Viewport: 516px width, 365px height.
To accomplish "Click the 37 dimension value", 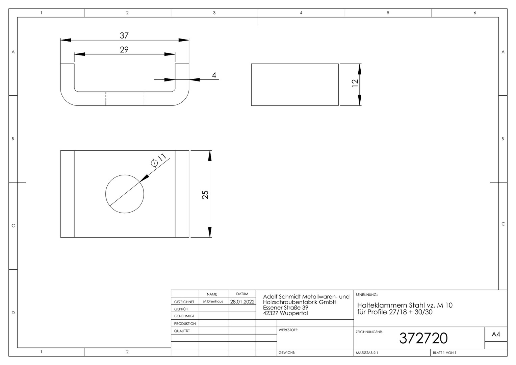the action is click(x=124, y=35).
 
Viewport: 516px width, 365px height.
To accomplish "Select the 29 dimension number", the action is click(x=124, y=50).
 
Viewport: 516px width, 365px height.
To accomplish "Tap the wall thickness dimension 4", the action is click(x=214, y=75).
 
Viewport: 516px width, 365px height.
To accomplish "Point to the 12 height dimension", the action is click(x=355, y=83).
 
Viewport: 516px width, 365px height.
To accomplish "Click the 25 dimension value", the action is click(x=205, y=195).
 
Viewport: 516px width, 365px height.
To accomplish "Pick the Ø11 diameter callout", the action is click(x=158, y=160).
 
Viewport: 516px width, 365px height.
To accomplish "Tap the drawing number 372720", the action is click(x=423, y=338).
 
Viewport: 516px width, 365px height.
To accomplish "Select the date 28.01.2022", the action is click(x=242, y=301).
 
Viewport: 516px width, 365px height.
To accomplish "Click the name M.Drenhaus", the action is click(x=213, y=301).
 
